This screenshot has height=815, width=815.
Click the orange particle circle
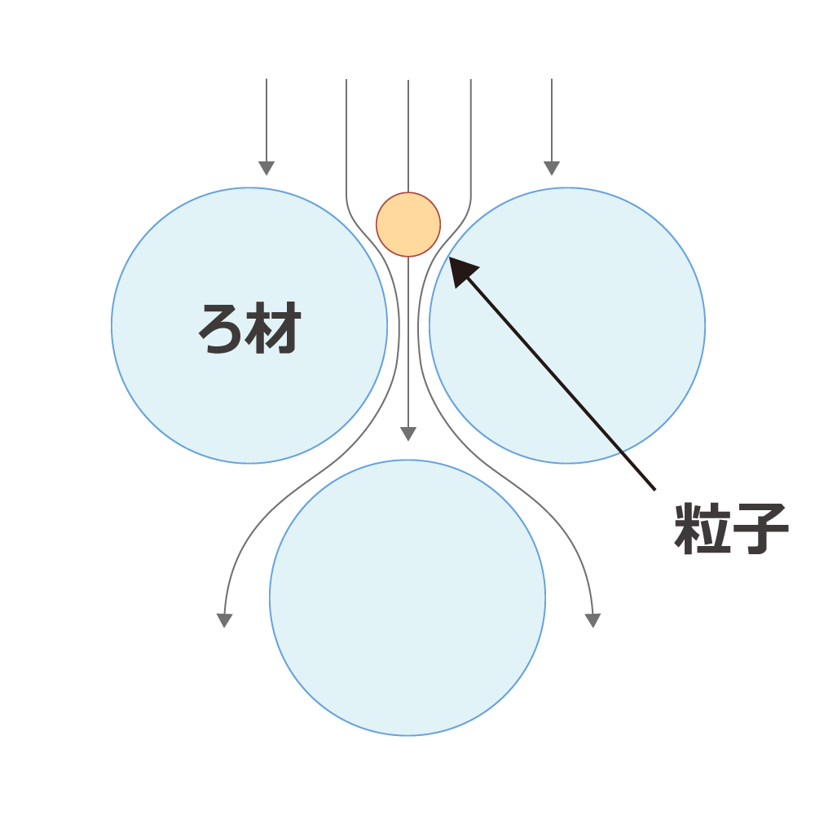pos(408,225)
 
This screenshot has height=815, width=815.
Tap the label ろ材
pos(249,328)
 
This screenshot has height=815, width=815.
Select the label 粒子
pos(731,528)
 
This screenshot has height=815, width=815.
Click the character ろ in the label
pos(220,329)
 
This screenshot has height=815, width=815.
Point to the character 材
pos(274,328)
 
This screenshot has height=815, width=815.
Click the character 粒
pos(703,528)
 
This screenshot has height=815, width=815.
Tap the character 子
pos(761,529)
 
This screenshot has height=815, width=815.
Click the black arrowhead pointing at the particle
pos(461,271)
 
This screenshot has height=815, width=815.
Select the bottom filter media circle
pos(407,597)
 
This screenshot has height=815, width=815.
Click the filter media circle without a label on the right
pos(567,325)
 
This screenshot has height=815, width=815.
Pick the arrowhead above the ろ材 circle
pos(267,169)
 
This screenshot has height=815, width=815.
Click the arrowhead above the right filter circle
pos(552,169)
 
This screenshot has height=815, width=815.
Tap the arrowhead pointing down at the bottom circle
pos(408,434)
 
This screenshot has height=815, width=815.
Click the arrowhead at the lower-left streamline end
pos(224,620)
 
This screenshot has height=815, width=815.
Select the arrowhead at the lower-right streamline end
pos(593,620)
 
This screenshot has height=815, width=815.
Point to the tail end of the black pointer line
pos(654,489)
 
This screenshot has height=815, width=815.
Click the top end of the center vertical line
pos(408,80)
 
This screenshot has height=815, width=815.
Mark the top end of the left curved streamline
pos(346,80)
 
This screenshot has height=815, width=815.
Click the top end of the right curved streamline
pos(471,80)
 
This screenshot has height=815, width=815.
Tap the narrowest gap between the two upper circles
pos(408,326)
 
